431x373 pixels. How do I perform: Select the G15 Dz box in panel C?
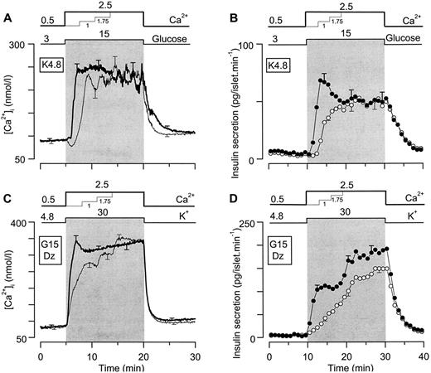61,247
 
